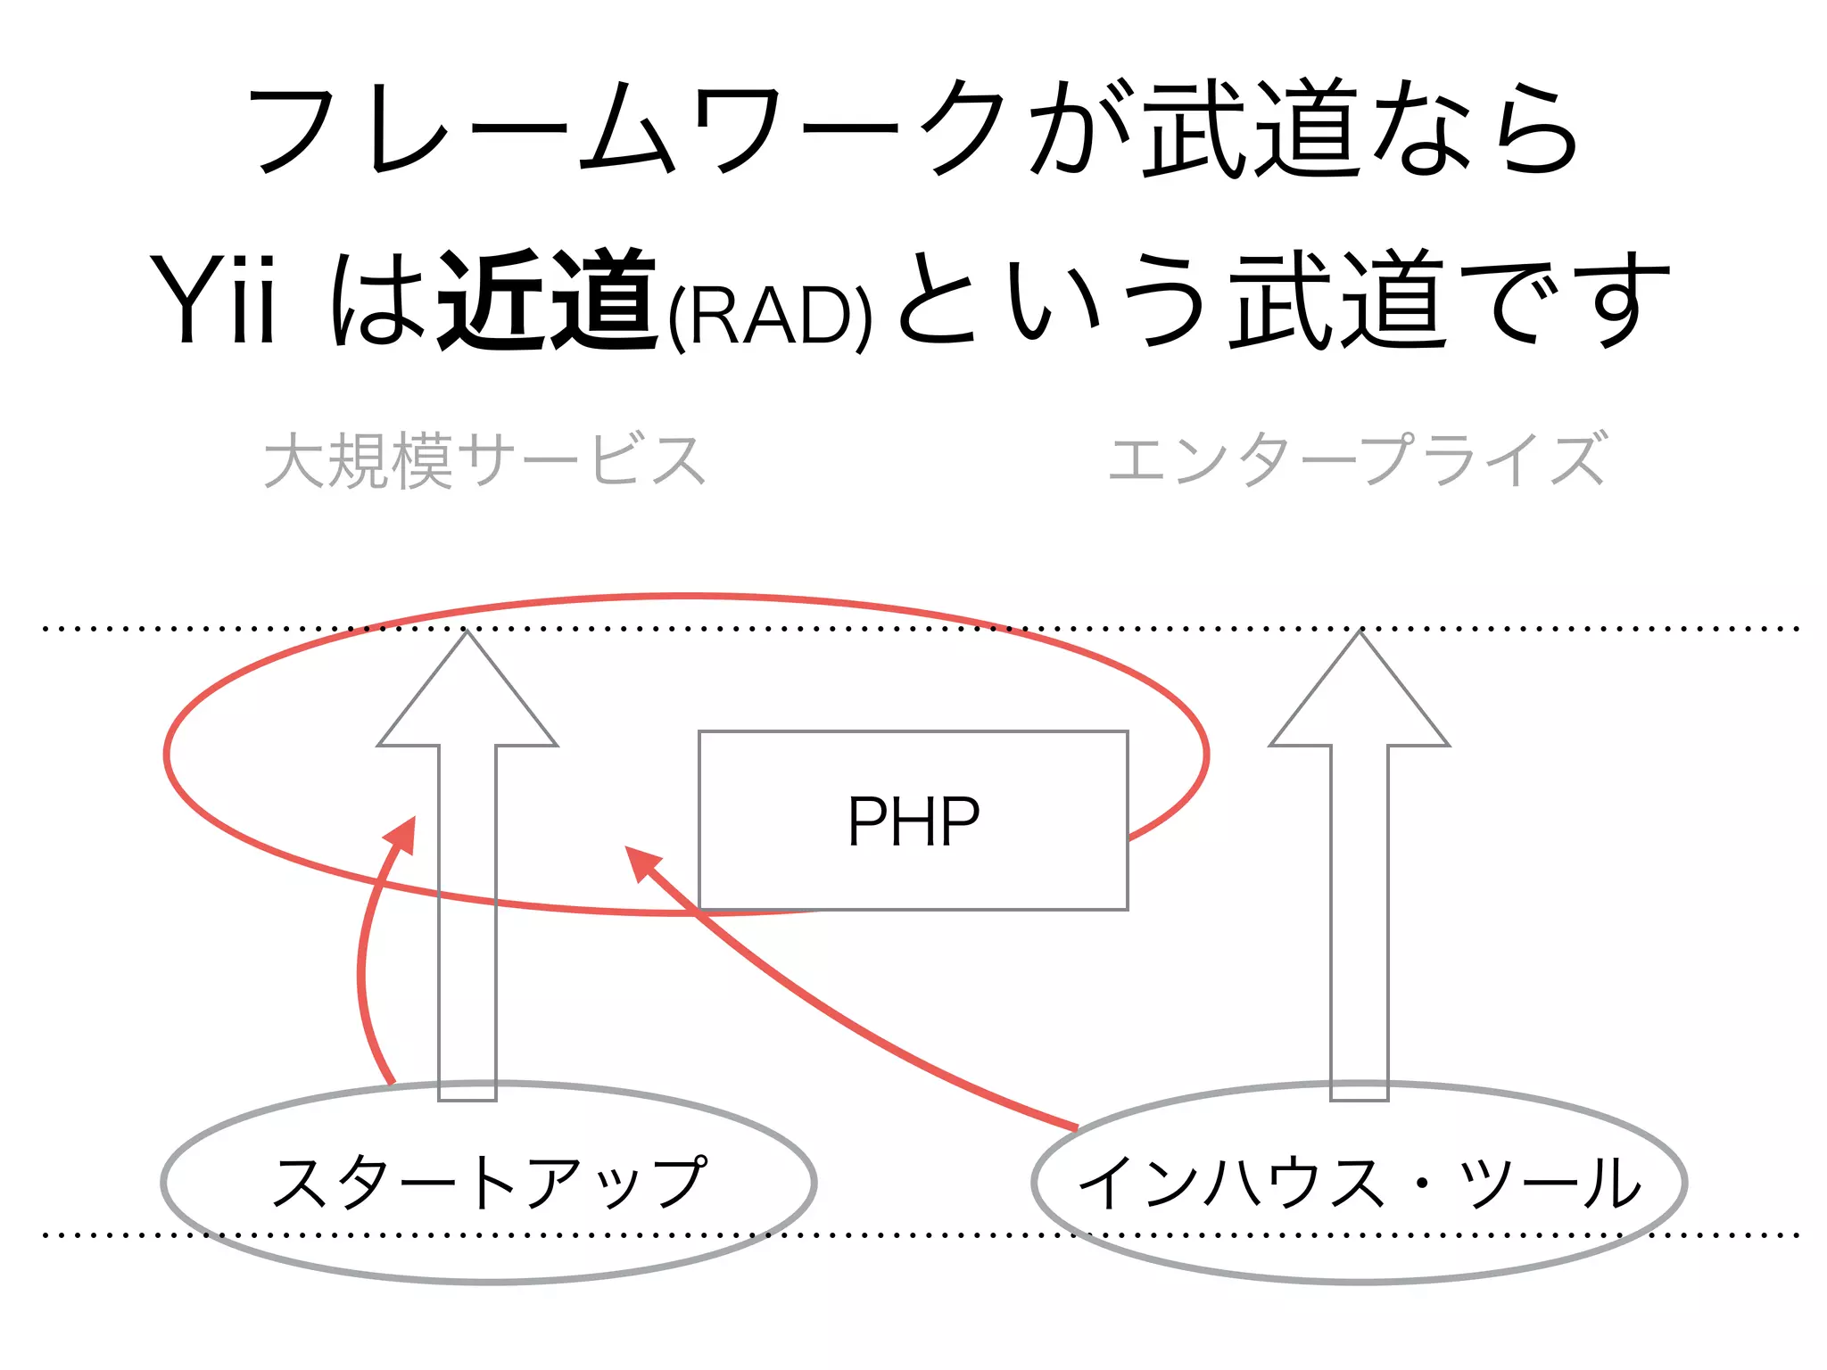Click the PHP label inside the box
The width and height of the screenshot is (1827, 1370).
pyautogui.click(x=913, y=821)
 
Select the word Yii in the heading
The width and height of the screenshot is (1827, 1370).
pyautogui.click(x=214, y=300)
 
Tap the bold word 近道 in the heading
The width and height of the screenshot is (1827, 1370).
pyautogui.click(x=548, y=300)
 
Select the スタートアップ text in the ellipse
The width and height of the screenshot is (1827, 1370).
pyautogui.click(x=489, y=1182)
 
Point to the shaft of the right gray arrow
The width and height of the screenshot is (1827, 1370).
pyautogui.click(x=1359, y=919)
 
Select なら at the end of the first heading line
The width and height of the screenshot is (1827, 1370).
pyautogui.click(x=1476, y=130)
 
